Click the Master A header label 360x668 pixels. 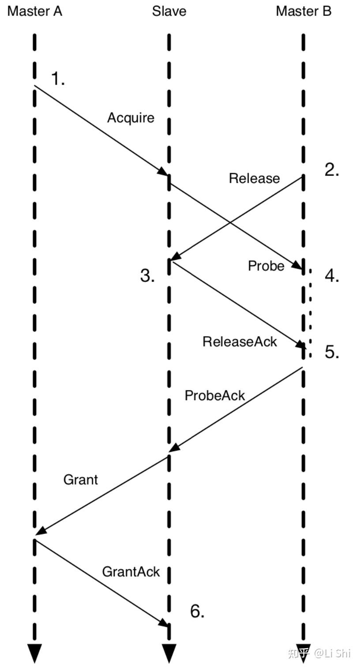(x=35, y=11)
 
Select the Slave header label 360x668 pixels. (x=169, y=11)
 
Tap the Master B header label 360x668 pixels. (x=304, y=11)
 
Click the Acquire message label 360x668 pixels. (x=131, y=118)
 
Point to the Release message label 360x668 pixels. (x=254, y=178)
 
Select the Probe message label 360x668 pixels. (x=266, y=266)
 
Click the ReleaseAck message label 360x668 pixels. (x=240, y=341)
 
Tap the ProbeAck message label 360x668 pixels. (x=214, y=395)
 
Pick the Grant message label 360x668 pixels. (x=80, y=480)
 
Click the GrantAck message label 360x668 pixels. (x=131, y=571)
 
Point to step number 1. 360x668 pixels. (x=58, y=79)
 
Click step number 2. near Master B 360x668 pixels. (x=332, y=170)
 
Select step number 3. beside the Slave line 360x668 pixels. (x=148, y=276)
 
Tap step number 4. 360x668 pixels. (x=332, y=275)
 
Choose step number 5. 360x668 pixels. (x=332, y=352)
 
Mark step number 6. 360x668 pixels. (x=197, y=611)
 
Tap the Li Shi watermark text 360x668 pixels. (x=332, y=653)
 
